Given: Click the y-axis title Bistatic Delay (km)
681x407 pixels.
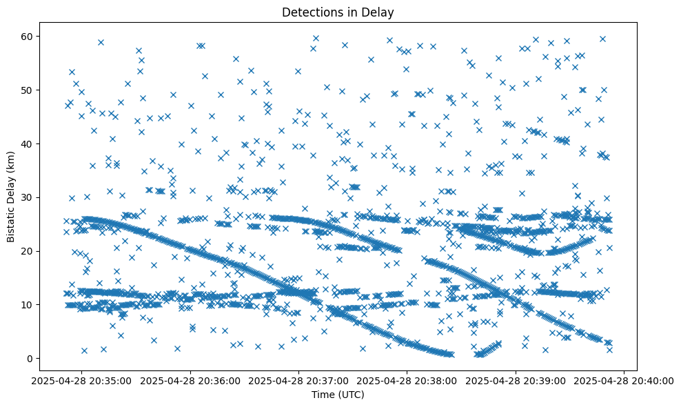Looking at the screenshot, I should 12,197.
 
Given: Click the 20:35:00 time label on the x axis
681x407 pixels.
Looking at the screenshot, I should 85,380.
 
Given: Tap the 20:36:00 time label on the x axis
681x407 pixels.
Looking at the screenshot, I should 192,380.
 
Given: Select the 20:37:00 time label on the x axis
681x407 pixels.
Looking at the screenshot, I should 300,380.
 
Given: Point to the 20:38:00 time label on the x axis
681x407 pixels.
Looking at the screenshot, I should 407,380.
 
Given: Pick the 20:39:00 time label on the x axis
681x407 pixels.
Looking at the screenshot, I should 514,380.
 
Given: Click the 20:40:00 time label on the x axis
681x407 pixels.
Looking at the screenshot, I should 622,380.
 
